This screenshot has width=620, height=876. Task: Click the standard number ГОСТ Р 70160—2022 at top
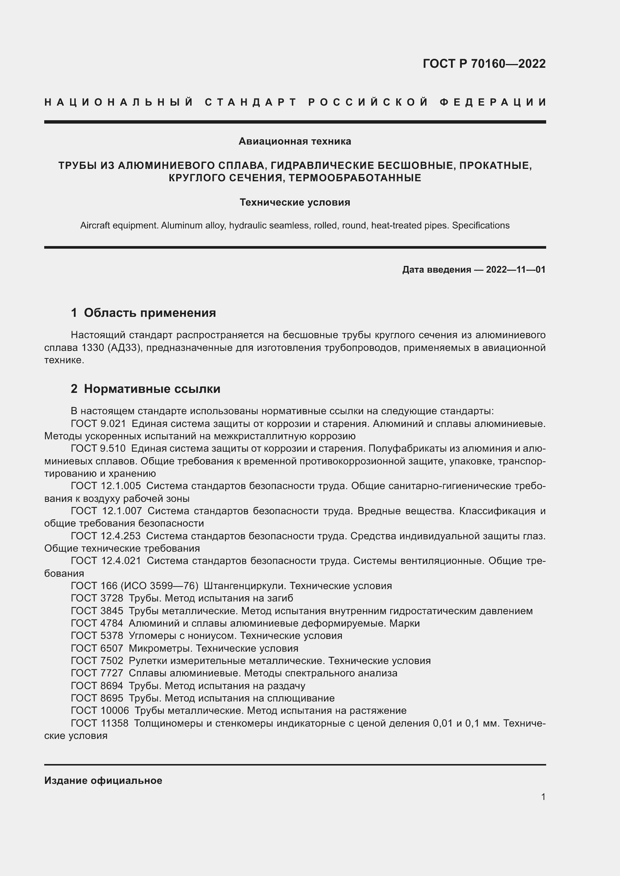[484, 64]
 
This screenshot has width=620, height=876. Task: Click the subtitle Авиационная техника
[295, 142]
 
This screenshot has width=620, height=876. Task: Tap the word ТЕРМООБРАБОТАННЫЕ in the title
[355, 178]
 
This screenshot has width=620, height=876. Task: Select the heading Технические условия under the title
[295, 203]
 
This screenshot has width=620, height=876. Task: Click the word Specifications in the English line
[481, 225]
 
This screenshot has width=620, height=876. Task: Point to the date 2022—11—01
[515, 270]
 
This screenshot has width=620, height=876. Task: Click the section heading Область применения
[150, 313]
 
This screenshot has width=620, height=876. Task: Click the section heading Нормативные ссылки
[152, 389]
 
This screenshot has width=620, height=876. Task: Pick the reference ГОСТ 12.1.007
[106, 511]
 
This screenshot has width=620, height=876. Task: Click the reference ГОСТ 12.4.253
[106, 536]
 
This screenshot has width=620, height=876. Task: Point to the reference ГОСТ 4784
[97, 623]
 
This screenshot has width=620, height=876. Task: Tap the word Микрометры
[161, 648]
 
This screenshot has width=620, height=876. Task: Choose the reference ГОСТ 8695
[97, 698]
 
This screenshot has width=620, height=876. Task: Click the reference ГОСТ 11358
[100, 723]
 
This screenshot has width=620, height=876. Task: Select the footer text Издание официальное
[103, 780]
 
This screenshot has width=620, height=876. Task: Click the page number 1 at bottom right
[543, 797]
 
